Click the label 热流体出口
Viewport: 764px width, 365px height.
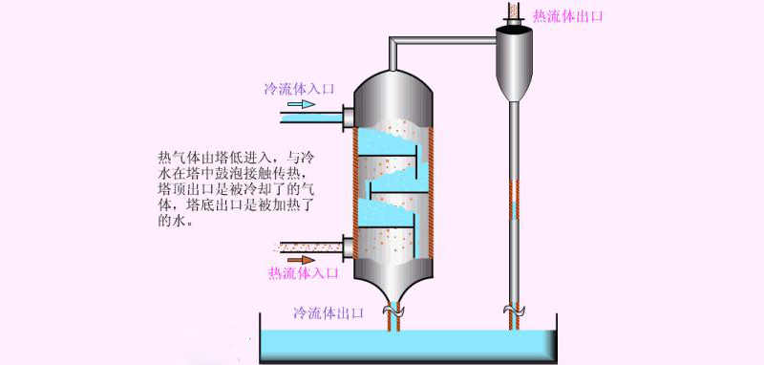(568, 16)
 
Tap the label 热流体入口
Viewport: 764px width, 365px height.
(303, 273)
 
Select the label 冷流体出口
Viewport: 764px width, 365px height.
(329, 312)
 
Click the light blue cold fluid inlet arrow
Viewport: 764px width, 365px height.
(301, 104)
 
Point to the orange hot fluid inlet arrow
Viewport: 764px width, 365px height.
(301, 260)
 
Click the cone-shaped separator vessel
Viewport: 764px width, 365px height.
(514, 63)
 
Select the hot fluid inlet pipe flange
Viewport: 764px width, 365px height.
(348, 247)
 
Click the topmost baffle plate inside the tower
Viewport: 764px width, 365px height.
(389, 157)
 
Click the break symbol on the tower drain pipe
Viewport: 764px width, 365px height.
(393, 310)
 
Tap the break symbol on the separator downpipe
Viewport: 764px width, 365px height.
(514, 310)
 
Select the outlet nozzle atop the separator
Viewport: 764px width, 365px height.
(514, 13)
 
